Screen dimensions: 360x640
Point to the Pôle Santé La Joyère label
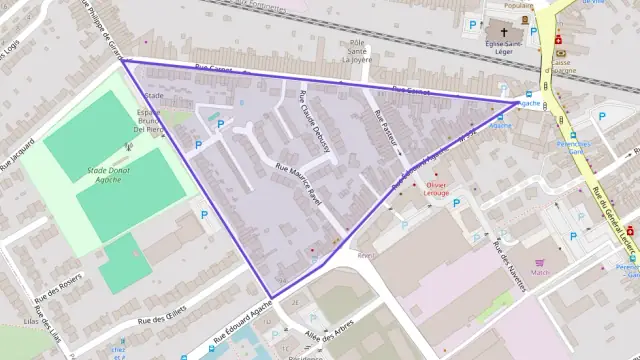[357, 51]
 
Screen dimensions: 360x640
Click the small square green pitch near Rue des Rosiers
[125, 263]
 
